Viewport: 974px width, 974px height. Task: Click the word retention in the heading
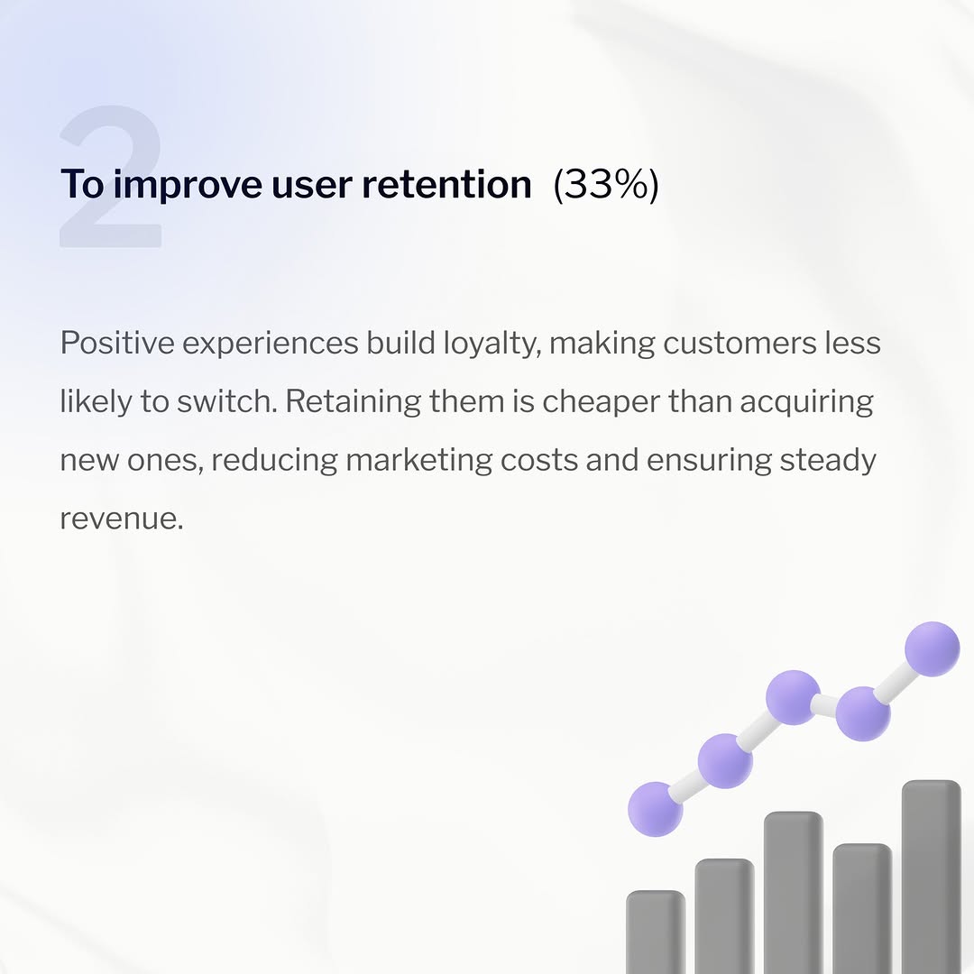pos(446,185)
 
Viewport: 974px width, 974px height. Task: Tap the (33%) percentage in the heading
pos(606,185)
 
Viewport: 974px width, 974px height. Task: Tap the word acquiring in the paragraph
pos(807,402)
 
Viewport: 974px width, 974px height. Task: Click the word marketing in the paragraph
pos(418,461)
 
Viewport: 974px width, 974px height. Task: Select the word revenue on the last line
pos(120,519)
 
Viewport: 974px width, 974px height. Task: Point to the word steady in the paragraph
pos(828,461)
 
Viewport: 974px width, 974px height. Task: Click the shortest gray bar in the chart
pos(656,933)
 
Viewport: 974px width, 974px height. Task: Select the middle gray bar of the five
pos(794,893)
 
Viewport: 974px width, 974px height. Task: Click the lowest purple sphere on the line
pos(656,809)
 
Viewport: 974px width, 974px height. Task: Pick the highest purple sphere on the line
pos(932,648)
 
